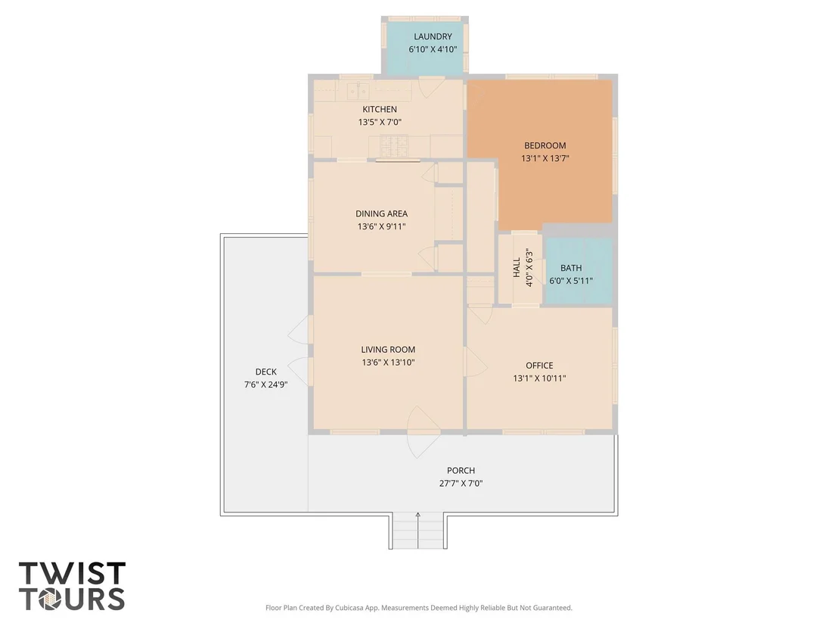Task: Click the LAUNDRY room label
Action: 433,36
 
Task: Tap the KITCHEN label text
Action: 380,109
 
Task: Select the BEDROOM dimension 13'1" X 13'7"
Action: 545,158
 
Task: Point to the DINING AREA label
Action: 382,213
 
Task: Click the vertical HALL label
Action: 517,267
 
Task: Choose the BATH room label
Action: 571,268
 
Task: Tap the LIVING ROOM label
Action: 388,349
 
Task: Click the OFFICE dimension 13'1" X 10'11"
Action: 539,378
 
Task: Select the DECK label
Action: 265,372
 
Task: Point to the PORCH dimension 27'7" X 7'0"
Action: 461,484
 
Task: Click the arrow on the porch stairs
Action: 418,530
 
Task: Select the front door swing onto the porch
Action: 424,432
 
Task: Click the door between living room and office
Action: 476,362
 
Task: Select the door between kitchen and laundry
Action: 431,86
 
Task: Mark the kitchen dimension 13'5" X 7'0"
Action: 380,122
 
